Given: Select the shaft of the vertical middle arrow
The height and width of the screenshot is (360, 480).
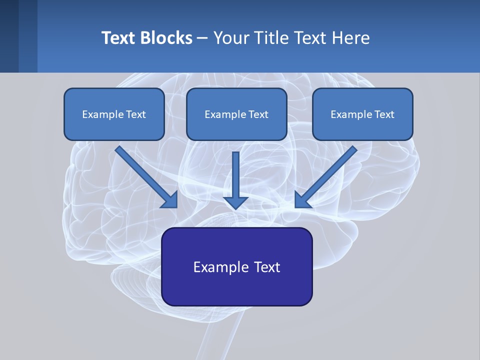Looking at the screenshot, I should (x=235, y=172).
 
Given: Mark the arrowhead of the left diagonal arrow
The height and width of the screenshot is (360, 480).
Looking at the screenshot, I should (x=170, y=200).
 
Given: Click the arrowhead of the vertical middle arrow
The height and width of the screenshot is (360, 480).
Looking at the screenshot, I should (x=235, y=202).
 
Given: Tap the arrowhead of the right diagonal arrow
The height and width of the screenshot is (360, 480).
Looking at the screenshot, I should (x=302, y=200).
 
